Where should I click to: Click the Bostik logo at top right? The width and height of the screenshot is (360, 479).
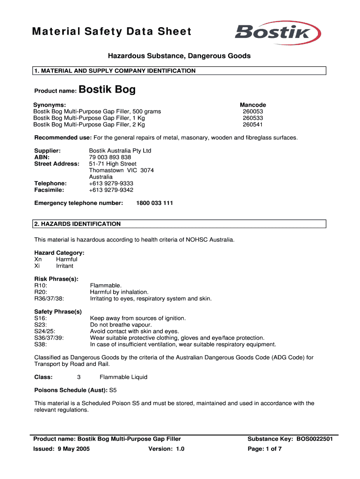coord(278,33)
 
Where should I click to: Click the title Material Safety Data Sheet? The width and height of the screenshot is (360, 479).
coord(112,31)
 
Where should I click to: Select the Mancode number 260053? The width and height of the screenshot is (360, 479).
coord(252,111)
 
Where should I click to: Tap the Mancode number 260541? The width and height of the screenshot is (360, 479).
coord(252,124)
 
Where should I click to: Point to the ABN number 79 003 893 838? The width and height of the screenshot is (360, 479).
coord(110,157)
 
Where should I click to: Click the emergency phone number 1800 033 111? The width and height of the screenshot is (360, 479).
coord(154,203)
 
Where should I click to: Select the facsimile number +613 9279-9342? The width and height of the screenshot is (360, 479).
coord(111,190)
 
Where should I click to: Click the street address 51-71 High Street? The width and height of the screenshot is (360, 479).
coord(113,164)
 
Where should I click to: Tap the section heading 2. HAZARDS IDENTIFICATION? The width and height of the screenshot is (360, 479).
coord(77,224)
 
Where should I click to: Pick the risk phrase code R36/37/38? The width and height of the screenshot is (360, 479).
coord(49,298)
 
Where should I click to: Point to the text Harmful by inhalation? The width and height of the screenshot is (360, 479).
coord(119,292)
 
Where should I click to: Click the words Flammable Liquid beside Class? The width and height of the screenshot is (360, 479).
coord(123,377)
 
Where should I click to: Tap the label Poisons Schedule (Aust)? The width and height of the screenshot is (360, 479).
coord(71,390)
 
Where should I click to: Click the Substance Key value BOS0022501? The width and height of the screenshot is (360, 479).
coord(314,439)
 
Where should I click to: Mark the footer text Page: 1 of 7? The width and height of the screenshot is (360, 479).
coord(265,449)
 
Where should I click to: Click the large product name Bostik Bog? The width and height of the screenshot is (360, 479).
coord(107,90)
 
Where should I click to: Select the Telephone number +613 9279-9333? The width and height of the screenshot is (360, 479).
coord(111,183)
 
